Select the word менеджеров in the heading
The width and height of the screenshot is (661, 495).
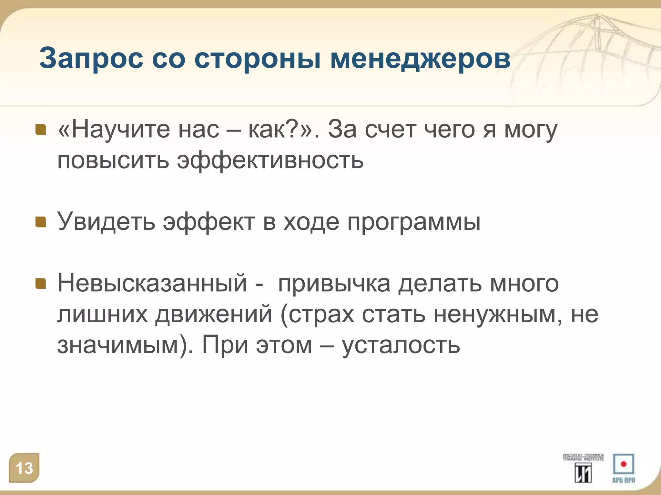pyautogui.click(x=420, y=59)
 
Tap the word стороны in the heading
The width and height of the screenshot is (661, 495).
pyautogui.click(x=257, y=59)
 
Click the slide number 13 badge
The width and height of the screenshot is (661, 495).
pyautogui.click(x=24, y=468)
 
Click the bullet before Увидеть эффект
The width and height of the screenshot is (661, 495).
pyautogui.click(x=41, y=222)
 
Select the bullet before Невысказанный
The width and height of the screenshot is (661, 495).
pyautogui.click(x=41, y=284)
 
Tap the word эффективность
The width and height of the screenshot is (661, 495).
pyautogui.click(x=270, y=160)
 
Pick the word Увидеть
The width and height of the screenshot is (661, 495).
pyautogui.click(x=106, y=222)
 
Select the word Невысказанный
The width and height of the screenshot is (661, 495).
pyautogui.click(x=152, y=284)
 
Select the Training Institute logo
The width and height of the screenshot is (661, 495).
pyautogui.click(x=583, y=468)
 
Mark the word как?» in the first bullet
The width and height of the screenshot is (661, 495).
pyautogui.click(x=280, y=130)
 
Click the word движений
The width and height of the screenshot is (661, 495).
pyautogui.click(x=214, y=315)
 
